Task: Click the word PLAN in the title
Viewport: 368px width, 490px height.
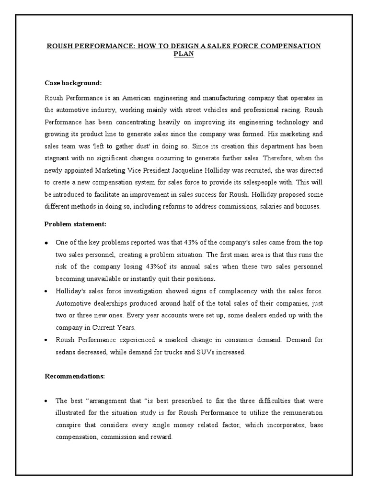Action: [184, 54]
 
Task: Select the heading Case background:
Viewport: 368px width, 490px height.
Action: [73, 83]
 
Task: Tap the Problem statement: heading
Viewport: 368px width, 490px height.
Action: [75, 224]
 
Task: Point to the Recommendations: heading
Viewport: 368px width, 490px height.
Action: [75, 376]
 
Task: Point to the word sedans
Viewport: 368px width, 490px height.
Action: [68, 353]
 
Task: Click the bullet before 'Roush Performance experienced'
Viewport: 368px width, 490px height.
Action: [47, 340]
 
